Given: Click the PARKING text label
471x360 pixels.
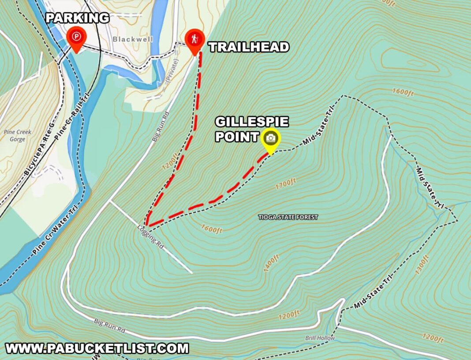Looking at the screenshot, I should (x=78, y=18).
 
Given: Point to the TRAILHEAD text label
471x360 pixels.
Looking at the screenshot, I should (x=249, y=47).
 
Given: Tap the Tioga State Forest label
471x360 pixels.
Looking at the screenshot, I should (x=288, y=217).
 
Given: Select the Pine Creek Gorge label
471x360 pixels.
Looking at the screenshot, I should (x=14, y=135).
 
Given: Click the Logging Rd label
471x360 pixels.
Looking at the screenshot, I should (x=150, y=238).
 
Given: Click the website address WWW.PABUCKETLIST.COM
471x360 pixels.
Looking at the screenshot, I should (x=97, y=349).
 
